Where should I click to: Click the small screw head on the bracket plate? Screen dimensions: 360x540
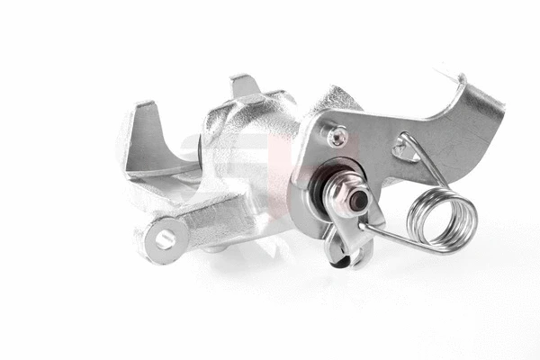point(337,137)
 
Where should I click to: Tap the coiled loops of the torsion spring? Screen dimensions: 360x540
point(442,219)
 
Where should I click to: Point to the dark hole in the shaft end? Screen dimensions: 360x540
point(358,201)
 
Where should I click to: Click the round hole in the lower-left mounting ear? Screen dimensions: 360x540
point(166,238)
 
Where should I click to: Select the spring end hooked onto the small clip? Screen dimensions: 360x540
point(364,227)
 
